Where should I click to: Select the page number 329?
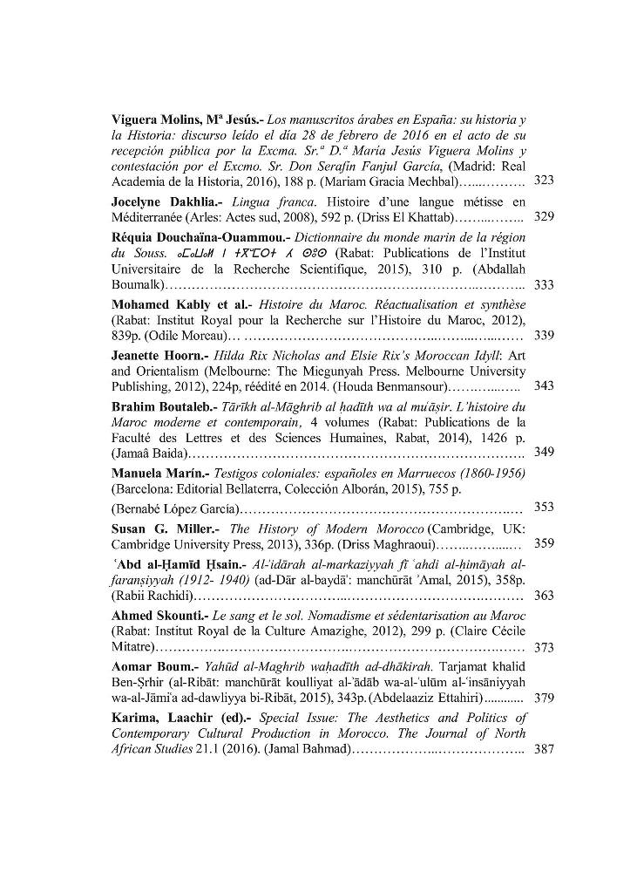[x=544, y=215]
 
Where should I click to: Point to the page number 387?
[x=544, y=748]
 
